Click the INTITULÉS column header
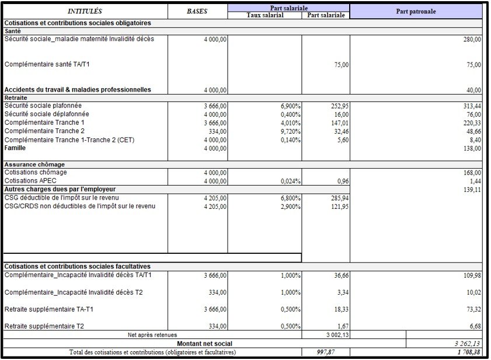(85, 11)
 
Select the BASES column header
(197, 11)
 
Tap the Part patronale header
(416, 11)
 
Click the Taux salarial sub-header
(264, 15)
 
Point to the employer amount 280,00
(471, 39)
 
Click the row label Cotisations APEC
(30, 181)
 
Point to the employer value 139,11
(471, 190)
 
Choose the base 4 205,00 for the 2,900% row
(215, 206)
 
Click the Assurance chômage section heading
(34, 165)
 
